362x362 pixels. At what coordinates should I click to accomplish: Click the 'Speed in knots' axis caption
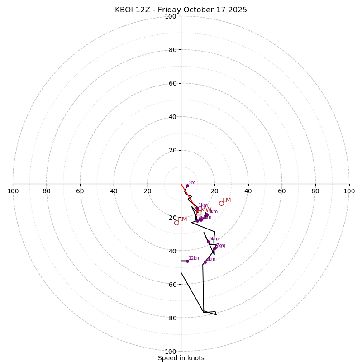(x=181, y=358)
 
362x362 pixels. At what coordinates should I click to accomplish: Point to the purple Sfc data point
(x=187, y=186)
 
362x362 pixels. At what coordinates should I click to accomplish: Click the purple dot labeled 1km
(x=197, y=209)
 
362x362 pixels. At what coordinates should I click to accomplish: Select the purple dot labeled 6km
(x=208, y=242)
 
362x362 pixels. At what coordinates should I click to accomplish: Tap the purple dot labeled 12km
(x=187, y=261)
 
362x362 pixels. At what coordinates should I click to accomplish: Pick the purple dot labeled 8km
(x=205, y=262)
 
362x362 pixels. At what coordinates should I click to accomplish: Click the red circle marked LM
(x=221, y=203)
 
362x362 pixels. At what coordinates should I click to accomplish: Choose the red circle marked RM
(x=176, y=223)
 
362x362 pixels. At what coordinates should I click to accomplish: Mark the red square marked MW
(x=199, y=213)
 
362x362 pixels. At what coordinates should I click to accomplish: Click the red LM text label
(x=227, y=200)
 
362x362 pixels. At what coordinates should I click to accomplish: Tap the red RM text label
(x=182, y=219)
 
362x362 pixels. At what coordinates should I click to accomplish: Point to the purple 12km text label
(x=195, y=258)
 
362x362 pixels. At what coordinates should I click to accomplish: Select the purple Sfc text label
(x=192, y=183)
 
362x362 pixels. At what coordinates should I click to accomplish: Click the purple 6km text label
(x=214, y=239)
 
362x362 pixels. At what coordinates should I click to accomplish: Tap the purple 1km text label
(x=203, y=205)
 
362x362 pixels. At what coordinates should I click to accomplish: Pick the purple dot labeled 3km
(x=206, y=215)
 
